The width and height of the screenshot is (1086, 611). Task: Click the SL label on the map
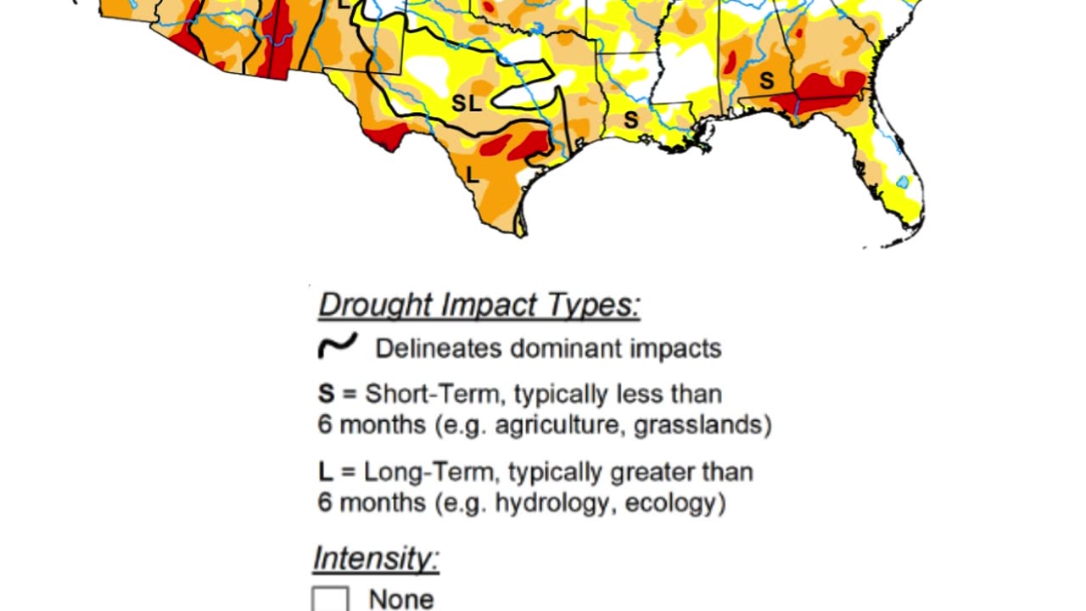(x=467, y=104)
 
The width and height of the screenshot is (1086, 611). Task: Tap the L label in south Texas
(x=473, y=176)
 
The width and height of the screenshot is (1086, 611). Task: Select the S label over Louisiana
(x=630, y=121)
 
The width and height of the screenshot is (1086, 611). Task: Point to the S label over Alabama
(x=766, y=81)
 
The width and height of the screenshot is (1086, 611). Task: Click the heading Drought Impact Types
(x=479, y=305)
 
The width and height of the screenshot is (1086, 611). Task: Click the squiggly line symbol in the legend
(x=338, y=346)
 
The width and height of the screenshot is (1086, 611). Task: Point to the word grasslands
(x=702, y=424)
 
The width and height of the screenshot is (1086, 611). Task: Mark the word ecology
(x=674, y=502)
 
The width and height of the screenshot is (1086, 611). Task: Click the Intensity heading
(x=376, y=558)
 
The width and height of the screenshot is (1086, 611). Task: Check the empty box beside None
(x=330, y=599)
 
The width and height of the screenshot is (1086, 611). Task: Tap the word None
(x=401, y=599)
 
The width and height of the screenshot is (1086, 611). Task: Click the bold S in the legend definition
(x=327, y=394)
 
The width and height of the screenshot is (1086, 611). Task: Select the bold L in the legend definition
(x=326, y=472)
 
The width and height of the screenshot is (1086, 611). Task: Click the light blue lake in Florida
(x=903, y=182)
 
